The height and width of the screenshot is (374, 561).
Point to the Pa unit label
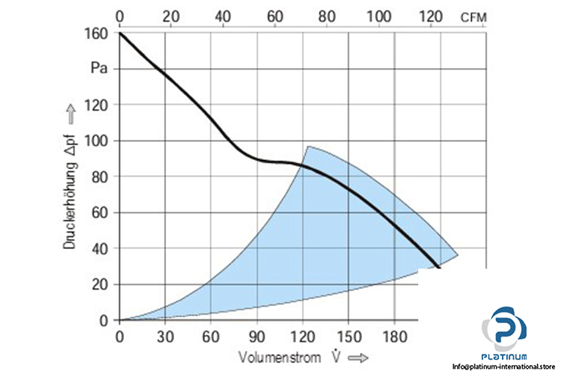coord(99,68)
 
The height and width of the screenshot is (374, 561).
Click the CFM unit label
coord(474,16)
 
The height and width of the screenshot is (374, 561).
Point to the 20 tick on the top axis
coord(171,16)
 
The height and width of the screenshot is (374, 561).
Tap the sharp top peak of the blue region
coord(307,147)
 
